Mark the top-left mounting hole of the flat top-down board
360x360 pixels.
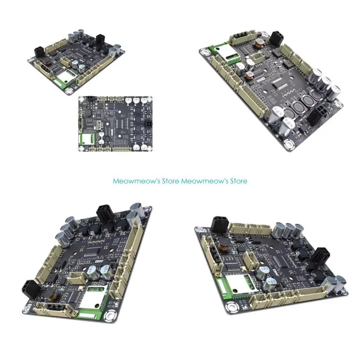(82, 99)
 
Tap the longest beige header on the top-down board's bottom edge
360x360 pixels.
(122, 149)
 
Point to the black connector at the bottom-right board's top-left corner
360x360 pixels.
(219, 224)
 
